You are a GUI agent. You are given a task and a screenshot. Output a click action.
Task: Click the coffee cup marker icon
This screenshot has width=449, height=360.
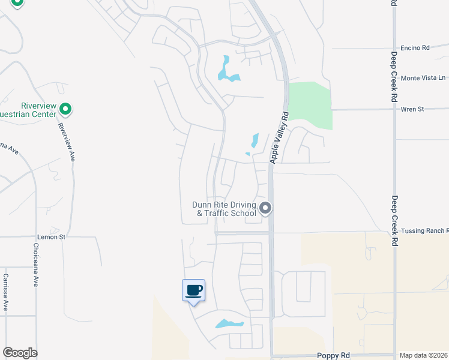click(193, 291)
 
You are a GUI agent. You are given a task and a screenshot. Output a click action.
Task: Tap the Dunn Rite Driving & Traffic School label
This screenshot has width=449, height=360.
click(224, 208)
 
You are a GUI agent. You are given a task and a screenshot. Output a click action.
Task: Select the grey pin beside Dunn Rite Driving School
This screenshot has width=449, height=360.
click(265, 209)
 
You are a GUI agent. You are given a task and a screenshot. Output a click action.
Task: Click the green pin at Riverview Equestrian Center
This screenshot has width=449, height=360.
click(66, 109)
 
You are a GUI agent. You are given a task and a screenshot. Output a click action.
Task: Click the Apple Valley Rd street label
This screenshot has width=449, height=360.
click(280, 137)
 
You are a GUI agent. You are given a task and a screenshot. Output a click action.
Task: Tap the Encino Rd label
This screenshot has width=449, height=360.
click(415, 47)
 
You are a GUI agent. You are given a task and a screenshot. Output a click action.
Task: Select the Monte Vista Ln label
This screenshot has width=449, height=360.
click(424, 78)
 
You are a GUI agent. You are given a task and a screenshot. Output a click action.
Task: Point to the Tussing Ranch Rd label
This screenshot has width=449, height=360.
click(424, 231)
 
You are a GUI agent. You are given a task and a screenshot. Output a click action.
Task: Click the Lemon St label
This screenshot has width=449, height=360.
click(50, 238)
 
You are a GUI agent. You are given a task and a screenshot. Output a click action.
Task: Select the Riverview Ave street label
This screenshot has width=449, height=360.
click(67, 140)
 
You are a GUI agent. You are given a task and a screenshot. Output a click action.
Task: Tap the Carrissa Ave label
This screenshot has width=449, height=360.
click(5, 292)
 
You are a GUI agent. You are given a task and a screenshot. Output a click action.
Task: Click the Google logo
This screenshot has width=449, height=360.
click(20, 353)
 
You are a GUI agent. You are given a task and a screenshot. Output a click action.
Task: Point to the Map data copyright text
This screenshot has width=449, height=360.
click(424, 355)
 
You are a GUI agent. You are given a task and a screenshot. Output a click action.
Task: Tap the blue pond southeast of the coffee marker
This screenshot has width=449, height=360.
click(230, 324)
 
